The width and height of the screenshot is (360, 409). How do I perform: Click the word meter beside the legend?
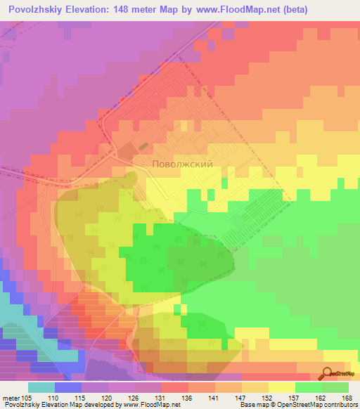[x=11, y=398]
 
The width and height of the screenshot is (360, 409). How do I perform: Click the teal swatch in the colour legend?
[x=41, y=387]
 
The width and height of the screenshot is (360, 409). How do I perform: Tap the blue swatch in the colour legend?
[x=68, y=387]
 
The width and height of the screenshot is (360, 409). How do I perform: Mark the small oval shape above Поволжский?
[x=143, y=147]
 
